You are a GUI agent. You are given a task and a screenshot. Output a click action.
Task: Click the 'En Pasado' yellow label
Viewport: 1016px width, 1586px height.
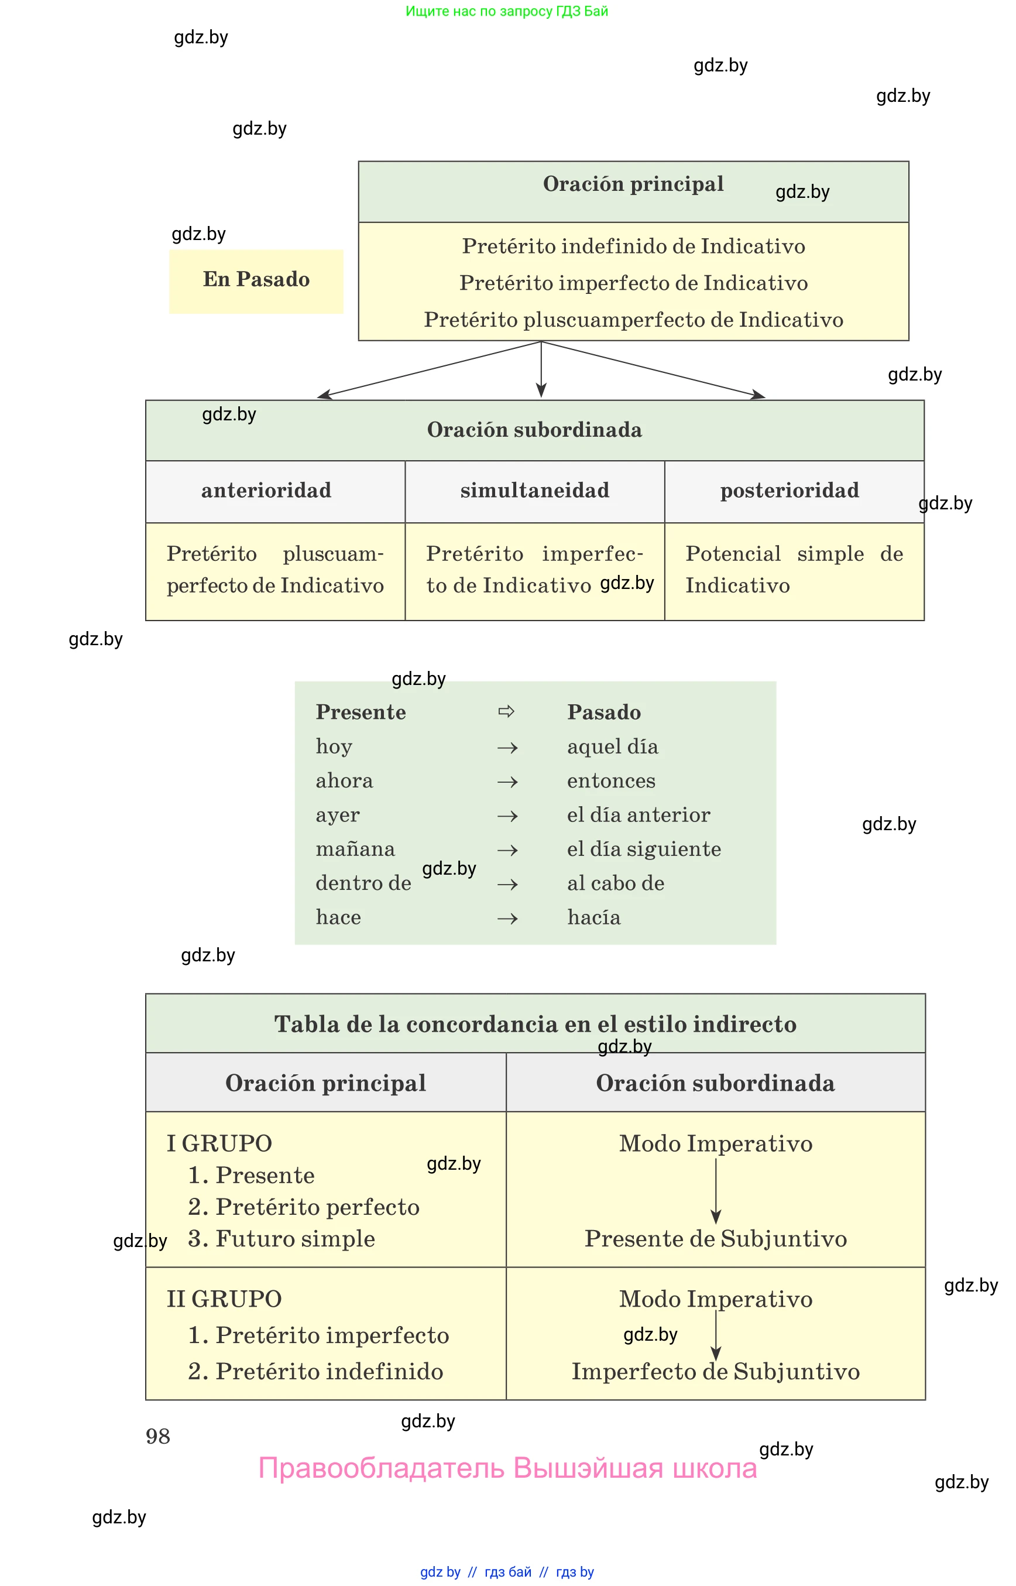pos(256,280)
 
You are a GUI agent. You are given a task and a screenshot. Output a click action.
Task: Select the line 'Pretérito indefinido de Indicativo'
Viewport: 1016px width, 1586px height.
pos(633,246)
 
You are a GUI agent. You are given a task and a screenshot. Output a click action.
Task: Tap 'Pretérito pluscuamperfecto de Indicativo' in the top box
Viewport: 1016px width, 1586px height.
pos(633,320)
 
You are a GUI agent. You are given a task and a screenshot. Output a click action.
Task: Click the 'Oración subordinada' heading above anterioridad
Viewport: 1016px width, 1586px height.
pos(534,430)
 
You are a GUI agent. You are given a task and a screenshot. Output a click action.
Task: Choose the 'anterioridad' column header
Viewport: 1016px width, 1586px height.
pos(266,491)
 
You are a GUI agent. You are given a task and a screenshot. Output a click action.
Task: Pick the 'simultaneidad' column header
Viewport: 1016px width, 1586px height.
pos(534,491)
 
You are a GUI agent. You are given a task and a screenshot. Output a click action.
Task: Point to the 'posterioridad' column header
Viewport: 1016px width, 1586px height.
pos(790,491)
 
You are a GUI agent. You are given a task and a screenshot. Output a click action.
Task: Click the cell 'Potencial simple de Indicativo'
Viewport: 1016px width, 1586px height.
pos(794,570)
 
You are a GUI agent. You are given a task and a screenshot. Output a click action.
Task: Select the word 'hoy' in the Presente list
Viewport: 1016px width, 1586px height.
pos(334,747)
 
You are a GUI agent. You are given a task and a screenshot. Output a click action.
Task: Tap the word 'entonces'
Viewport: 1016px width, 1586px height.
pos(611,782)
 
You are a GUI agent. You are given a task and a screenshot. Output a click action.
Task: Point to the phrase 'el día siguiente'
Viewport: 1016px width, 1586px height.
pos(644,849)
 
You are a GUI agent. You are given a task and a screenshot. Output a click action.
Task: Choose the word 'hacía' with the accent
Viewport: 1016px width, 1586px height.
pos(594,918)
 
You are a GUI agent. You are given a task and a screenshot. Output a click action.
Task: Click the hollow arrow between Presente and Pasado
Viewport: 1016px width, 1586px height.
pos(506,711)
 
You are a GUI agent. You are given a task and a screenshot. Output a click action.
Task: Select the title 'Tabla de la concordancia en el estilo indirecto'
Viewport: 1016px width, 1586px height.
pos(535,1025)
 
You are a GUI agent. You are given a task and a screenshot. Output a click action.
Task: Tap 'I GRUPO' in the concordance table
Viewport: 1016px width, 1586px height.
pos(219,1144)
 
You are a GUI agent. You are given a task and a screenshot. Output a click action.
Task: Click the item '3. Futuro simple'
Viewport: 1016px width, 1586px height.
pos(282,1239)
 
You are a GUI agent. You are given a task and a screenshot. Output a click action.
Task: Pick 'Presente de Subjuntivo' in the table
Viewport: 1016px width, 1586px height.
pos(716,1239)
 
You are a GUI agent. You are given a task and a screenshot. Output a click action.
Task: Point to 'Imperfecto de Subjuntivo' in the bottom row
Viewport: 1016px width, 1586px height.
pos(716,1372)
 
